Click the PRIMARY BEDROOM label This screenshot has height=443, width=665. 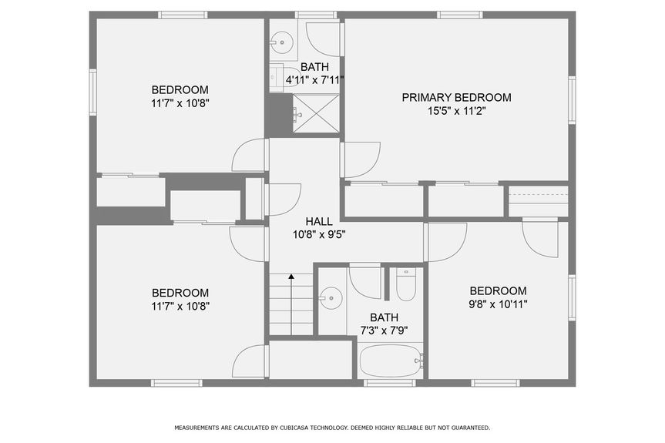coord(456,97)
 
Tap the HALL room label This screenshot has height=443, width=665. coord(318,221)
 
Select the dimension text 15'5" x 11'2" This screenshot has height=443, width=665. coord(456,111)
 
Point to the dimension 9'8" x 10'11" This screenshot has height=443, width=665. coord(498,304)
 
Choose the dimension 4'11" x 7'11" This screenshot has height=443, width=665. coord(314,79)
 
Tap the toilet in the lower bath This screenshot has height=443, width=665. coord(405,287)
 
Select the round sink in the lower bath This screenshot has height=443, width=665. coord(331,296)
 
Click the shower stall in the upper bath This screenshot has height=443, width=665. coord(316,114)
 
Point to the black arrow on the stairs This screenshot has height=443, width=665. coord(291,276)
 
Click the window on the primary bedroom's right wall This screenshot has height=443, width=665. coord(572,99)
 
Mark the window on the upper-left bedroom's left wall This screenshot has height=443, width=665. coord(92,92)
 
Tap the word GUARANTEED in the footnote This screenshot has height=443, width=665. coord(467,428)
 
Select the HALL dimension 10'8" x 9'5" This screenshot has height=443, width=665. coord(318,235)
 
